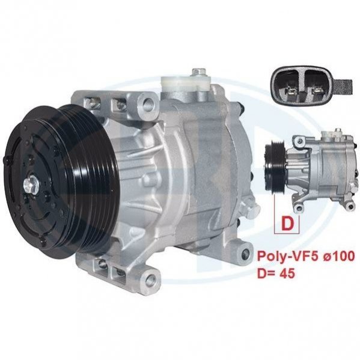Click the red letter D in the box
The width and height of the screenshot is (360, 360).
pos(287,224)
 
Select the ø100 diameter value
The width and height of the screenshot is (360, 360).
pos(336,256)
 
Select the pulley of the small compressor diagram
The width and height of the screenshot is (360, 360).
pos(275,166)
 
